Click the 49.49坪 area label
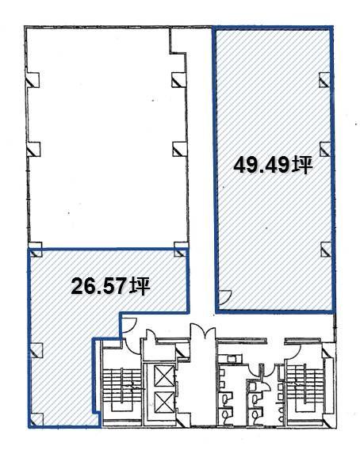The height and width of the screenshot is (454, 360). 273,166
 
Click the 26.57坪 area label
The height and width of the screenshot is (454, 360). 110,286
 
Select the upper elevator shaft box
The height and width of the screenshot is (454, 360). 164,376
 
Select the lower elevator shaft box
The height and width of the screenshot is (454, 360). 164,402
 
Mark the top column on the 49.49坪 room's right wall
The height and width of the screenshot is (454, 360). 324,80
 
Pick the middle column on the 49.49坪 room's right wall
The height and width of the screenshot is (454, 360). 325,149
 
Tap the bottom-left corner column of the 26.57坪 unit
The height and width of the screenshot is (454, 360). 36,420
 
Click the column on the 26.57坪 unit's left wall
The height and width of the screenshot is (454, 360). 36,349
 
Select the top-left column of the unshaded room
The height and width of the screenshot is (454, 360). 33,80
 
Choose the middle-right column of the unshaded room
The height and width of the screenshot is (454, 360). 179,149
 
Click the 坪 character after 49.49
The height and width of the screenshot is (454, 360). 303,166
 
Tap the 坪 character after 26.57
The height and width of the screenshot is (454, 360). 140,286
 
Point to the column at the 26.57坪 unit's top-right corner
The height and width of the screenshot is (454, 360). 181,250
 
